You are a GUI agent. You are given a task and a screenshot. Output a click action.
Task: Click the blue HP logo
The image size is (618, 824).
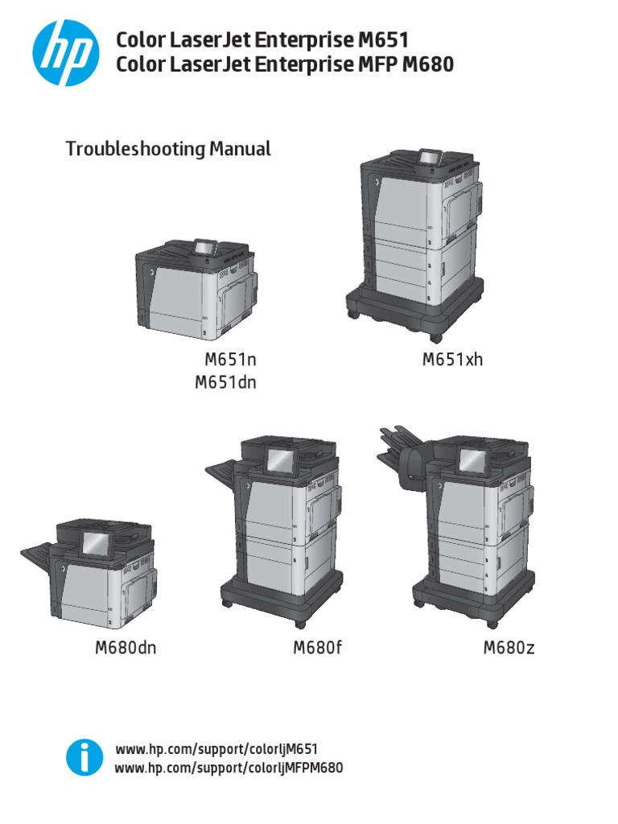pyautogui.click(x=66, y=51)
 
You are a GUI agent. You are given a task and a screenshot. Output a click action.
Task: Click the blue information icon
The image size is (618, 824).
pyautogui.click(x=84, y=757)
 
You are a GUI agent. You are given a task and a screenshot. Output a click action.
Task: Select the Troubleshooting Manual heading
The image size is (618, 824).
pyautogui.click(x=167, y=149)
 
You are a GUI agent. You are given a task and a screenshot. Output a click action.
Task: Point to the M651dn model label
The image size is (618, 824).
pyautogui.click(x=225, y=383)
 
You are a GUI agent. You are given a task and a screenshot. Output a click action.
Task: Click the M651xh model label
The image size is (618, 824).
pyautogui.click(x=452, y=360)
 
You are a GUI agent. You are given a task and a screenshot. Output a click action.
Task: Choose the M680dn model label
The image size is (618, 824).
pyautogui.click(x=126, y=648)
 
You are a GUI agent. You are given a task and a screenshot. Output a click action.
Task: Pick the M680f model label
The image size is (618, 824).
pyautogui.click(x=318, y=648)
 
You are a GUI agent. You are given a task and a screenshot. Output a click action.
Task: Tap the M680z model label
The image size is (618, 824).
pyautogui.click(x=509, y=648)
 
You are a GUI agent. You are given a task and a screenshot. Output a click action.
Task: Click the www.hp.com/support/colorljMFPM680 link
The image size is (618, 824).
pyautogui.click(x=229, y=768)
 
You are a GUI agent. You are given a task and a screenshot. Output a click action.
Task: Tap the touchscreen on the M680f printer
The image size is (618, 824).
pyautogui.click(x=281, y=461)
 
